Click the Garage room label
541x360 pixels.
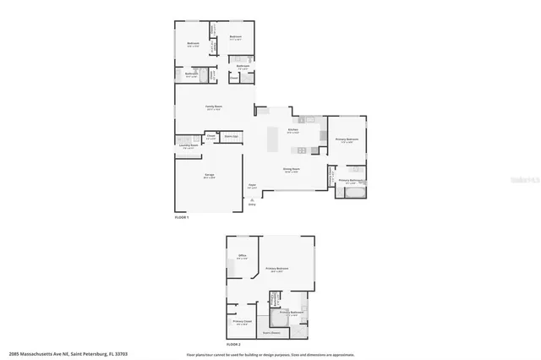click(209, 176)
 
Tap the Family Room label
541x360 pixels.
click(214, 106)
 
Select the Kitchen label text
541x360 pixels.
click(293, 131)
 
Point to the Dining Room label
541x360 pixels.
click(290, 170)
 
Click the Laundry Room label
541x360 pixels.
click(188, 145)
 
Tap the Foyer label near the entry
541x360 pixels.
click(251, 185)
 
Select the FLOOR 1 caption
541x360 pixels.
click(182, 218)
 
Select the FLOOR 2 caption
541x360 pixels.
click(233, 345)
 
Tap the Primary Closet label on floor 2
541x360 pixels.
click(242, 322)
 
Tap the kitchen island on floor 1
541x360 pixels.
click(275, 140)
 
